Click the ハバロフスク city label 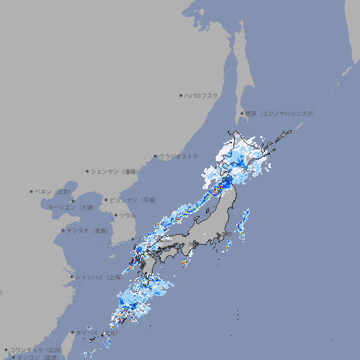click(x=202, y=95)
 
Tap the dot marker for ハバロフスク click(x=181, y=95)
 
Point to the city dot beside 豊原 click(x=242, y=113)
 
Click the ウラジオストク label click(x=179, y=156)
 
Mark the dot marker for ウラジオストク click(x=155, y=157)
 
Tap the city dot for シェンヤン click(x=88, y=171)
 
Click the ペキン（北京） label click(x=53, y=191)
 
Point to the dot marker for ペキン click(x=32, y=191)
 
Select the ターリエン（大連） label click(x=71, y=207)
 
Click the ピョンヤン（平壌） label click(x=134, y=200)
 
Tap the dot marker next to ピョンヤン click(x=107, y=200)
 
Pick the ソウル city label click(x=127, y=215)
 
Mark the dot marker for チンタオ click(x=63, y=230)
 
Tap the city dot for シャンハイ click(x=72, y=277)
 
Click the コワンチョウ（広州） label click(x=36, y=349)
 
